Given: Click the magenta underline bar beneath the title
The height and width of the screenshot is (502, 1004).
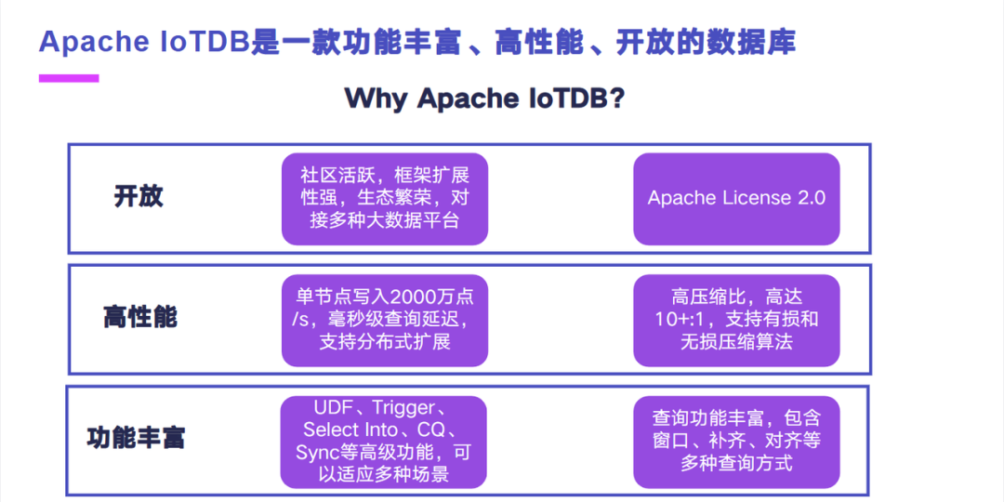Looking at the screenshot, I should coord(68,79).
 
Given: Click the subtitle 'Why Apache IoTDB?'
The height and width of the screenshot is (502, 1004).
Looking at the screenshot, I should coord(483,98).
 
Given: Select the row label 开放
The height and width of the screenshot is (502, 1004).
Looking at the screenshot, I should coord(139,197).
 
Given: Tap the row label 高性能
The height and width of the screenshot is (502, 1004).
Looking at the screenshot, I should coord(139,317).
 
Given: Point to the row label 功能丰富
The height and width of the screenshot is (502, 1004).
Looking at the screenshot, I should coord(136,438).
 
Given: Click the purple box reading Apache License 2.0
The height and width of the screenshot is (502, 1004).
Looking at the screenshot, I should coord(736,199).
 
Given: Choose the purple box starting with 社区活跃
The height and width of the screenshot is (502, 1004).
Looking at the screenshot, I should coord(384,199).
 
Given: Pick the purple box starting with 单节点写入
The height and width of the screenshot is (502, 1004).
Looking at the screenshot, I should coord(384,320).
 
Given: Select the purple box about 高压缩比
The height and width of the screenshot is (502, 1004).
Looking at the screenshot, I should coord(736,320).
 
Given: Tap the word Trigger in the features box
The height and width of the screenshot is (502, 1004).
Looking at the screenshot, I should coord(403,408).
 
